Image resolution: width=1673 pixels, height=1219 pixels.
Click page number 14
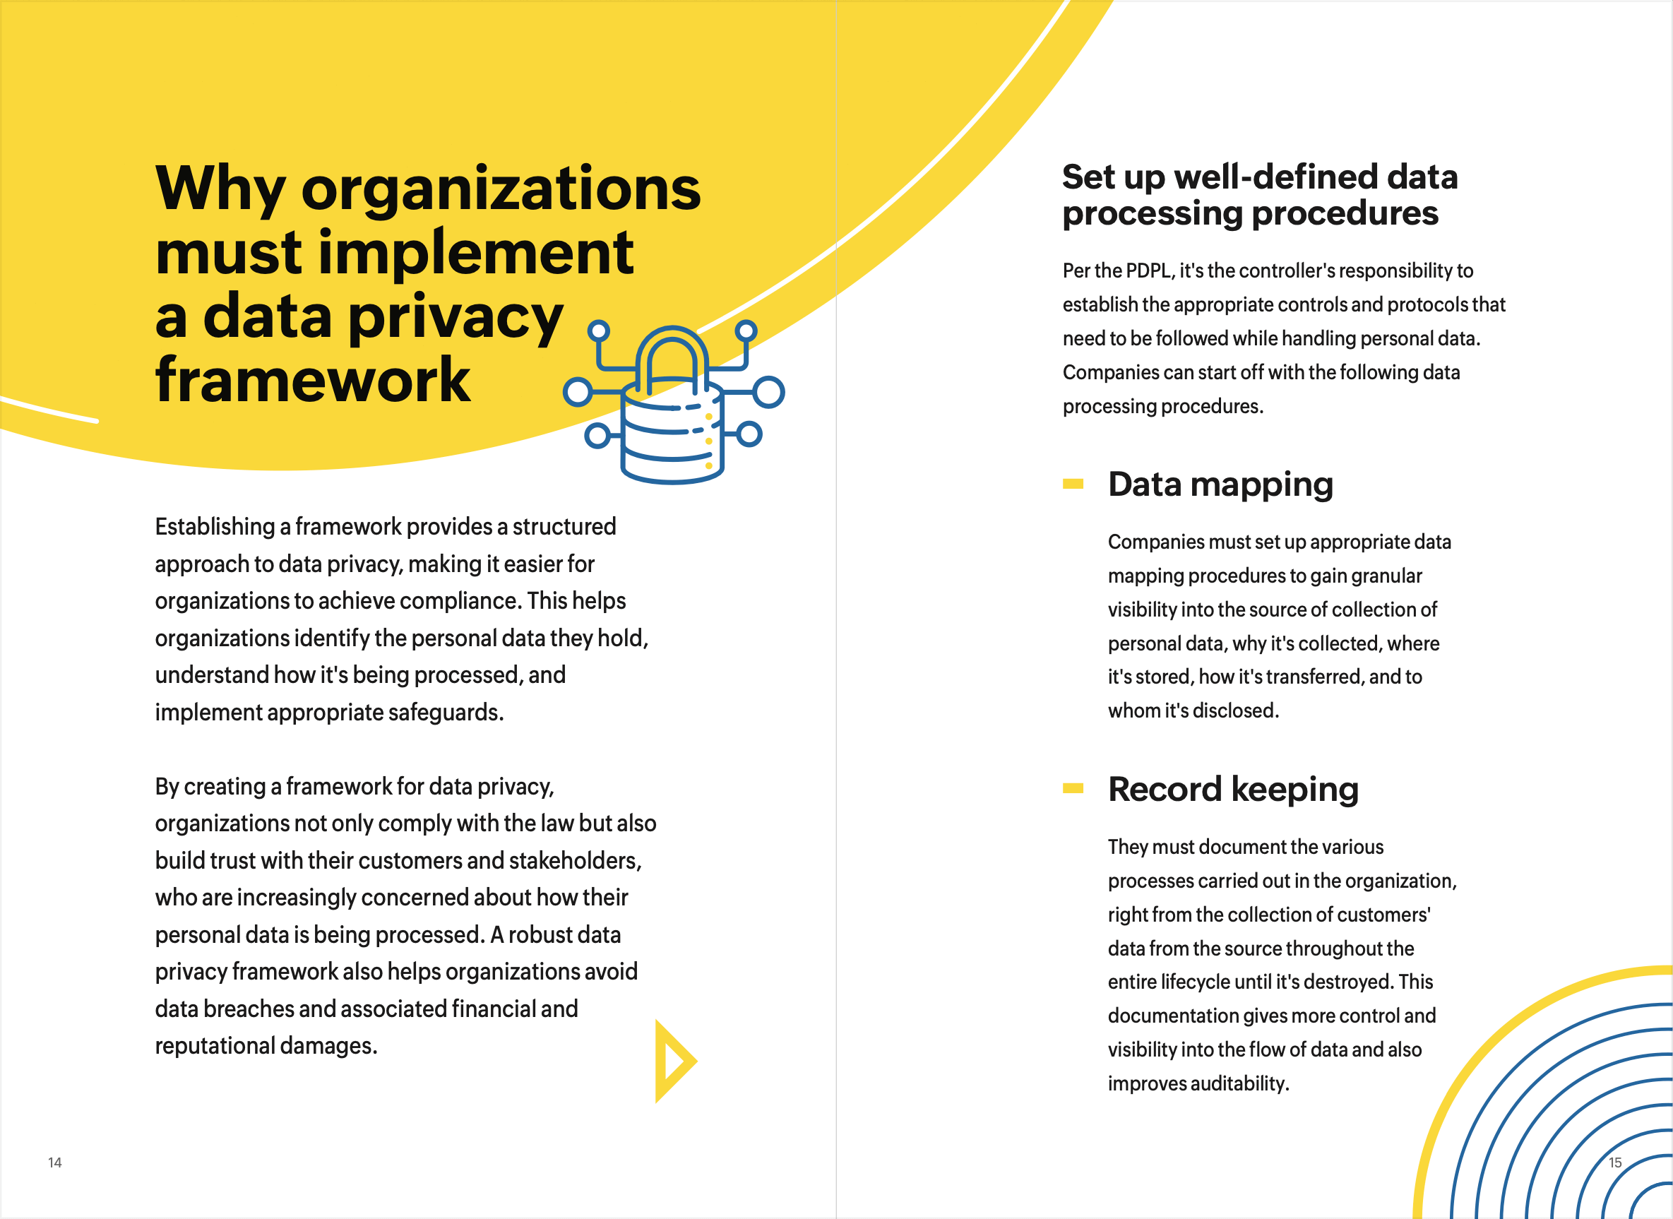(54, 1162)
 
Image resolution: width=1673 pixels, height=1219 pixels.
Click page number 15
(1614, 1162)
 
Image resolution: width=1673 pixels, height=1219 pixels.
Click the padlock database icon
(673, 404)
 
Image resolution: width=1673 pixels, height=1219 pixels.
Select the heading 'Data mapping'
(1220, 484)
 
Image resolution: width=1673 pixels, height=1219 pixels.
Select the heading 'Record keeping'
(1232, 789)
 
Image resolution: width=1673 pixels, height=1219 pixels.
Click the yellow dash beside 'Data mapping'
(1073, 484)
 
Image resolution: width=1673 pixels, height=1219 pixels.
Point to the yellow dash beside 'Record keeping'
(1073, 788)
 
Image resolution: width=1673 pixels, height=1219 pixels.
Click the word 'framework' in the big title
(312, 380)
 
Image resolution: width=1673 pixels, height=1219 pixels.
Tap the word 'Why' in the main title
(220, 188)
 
